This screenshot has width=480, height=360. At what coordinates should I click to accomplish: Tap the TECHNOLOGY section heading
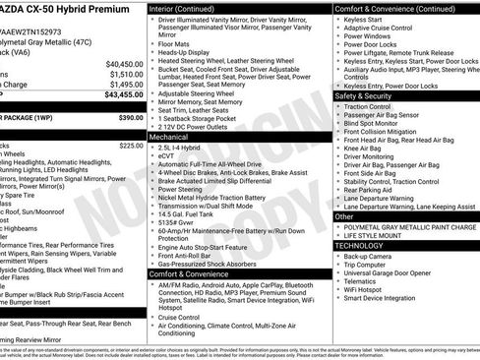[x=362, y=245]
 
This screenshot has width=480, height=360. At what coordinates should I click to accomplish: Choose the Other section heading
[x=344, y=216]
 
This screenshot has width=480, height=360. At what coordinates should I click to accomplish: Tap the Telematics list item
[x=362, y=284]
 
